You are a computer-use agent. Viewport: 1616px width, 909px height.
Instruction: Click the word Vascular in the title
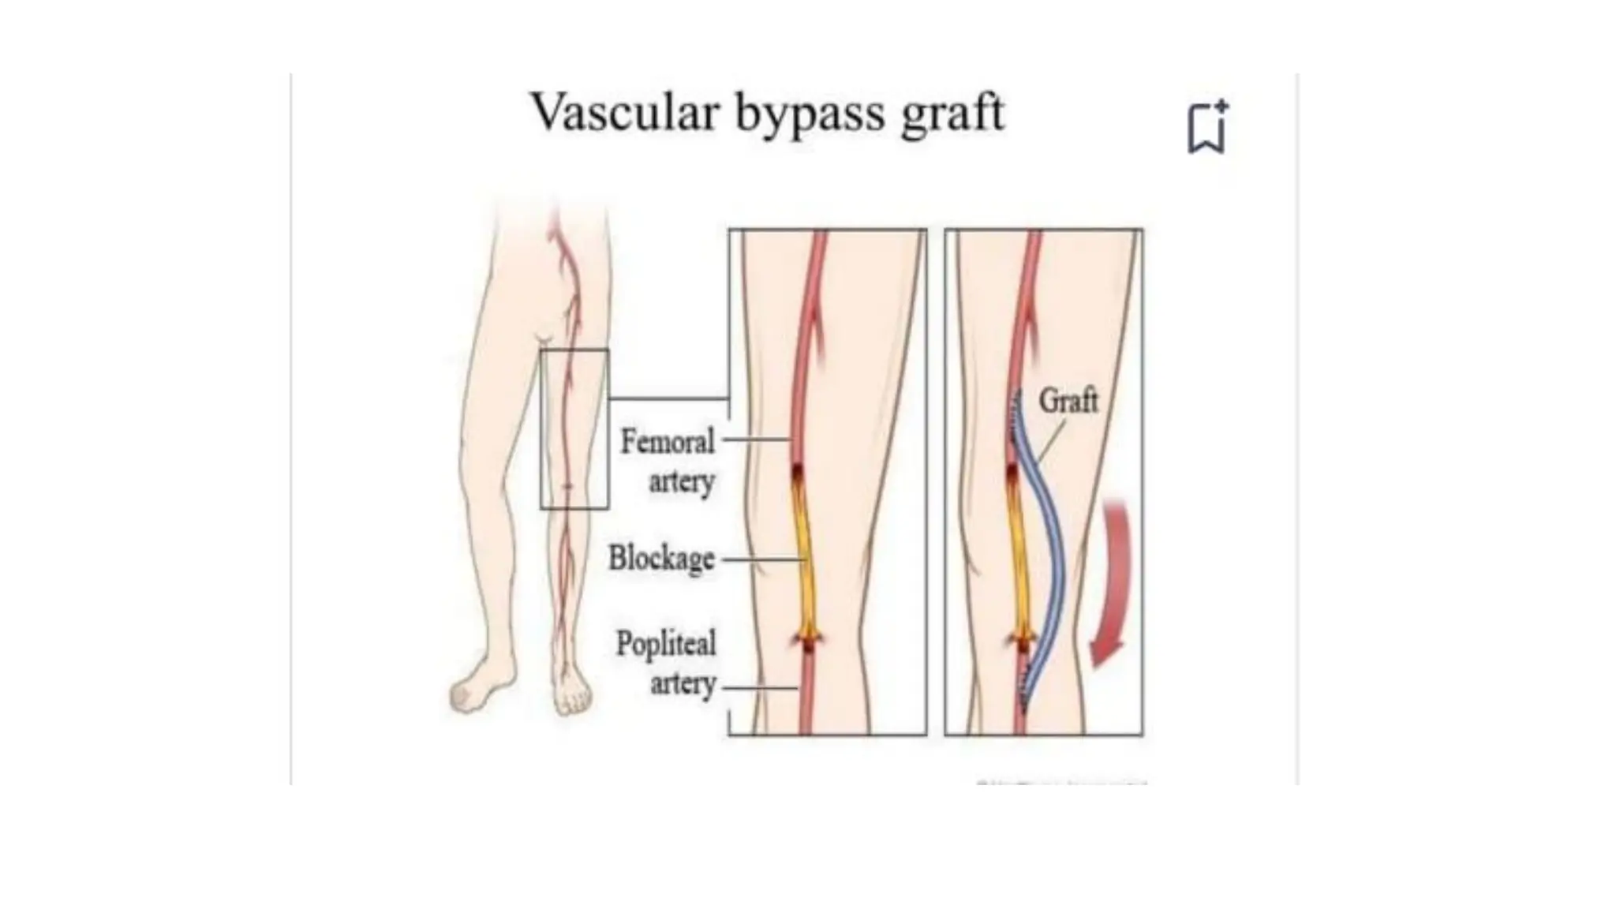pyautogui.click(x=625, y=112)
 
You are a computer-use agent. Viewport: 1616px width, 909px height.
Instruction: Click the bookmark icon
pyautogui.click(x=1207, y=128)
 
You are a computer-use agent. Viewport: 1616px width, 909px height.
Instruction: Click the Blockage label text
pyautogui.click(x=661, y=559)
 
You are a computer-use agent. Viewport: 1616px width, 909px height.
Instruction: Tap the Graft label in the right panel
pyautogui.click(x=1068, y=400)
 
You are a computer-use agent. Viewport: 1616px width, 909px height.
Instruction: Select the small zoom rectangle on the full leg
pyautogui.click(x=574, y=428)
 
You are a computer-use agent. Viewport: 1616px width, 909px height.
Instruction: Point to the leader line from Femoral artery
pyautogui.click(x=756, y=440)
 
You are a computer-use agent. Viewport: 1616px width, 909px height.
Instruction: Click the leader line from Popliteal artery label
pyautogui.click(x=759, y=688)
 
